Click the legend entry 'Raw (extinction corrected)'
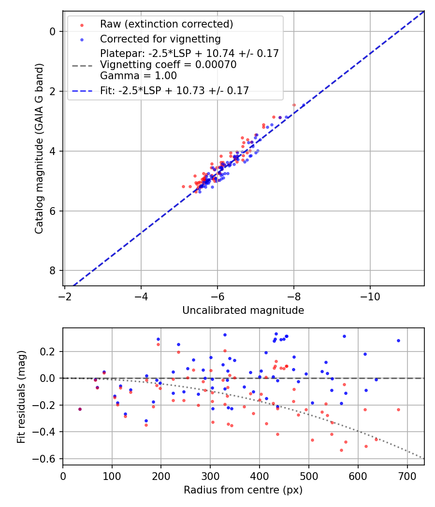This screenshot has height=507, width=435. (166, 24)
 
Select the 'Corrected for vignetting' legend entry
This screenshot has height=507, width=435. (160, 39)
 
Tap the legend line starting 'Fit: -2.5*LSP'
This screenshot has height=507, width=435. (174, 91)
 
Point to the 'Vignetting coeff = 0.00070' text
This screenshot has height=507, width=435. (168, 65)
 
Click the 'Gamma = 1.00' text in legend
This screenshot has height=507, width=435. (138, 76)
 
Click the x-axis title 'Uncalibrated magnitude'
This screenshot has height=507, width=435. (243, 310)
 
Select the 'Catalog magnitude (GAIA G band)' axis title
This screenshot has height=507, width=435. (40, 149)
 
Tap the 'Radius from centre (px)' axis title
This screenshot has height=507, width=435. (243, 490)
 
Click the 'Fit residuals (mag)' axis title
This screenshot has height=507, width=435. (21, 397)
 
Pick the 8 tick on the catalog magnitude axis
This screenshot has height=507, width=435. (53, 270)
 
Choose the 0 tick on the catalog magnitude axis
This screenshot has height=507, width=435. (53, 31)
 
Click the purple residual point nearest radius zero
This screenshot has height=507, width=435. (80, 409)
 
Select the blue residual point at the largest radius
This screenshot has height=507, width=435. (398, 340)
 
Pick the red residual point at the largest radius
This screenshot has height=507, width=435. (398, 409)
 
